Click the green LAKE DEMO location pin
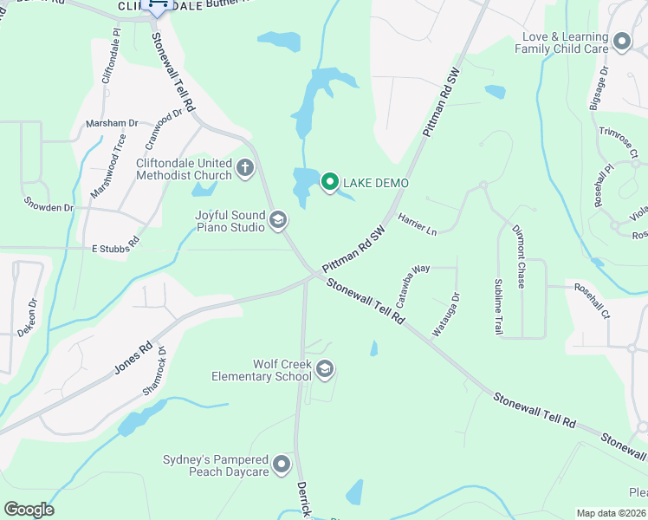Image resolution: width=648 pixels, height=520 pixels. click(x=329, y=182)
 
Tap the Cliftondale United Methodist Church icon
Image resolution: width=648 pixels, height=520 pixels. click(x=245, y=166)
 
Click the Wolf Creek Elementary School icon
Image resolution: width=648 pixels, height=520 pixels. click(x=325, y=370)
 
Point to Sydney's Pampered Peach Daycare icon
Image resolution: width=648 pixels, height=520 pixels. click(x=281, y=465)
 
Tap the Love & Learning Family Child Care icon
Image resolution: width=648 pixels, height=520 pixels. click(x=621, y=42)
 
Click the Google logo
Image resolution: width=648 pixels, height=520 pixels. click(x=29, y=510)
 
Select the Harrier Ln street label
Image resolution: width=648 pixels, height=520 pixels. click(x=418, y=224)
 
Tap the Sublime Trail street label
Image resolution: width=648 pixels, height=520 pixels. click(x=499, y=306)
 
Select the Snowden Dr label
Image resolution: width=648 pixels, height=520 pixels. click(x=49, y=208)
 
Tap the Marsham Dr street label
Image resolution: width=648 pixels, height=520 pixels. click(x=112, y=124)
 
